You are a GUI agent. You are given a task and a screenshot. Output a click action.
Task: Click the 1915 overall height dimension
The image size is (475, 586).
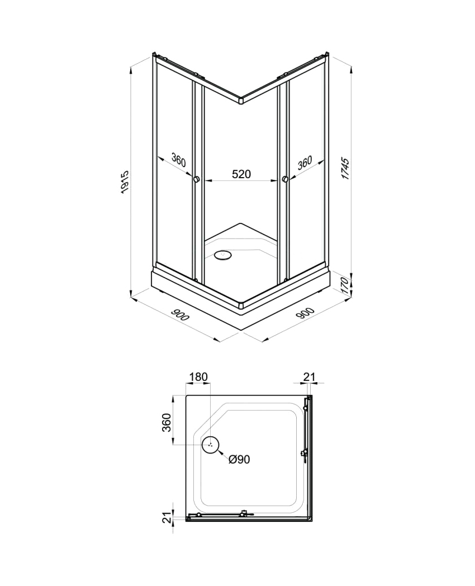coord(125,181)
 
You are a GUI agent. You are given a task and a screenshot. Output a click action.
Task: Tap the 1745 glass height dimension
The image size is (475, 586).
coord(345,169)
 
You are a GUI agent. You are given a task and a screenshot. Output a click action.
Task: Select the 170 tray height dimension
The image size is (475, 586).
coord(345,285)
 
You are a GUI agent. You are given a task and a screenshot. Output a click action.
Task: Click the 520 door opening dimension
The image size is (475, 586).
coord(241,174)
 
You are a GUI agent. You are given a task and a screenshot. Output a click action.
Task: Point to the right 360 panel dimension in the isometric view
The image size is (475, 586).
coord(305,163)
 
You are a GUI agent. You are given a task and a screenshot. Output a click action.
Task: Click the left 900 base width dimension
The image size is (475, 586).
coord(180,315)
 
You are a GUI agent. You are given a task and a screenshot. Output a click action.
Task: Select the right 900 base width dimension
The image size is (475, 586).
coord(305,313)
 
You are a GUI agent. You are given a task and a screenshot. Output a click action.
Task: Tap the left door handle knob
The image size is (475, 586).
coord(196,180)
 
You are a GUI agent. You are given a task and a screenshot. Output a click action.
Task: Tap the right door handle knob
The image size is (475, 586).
coord(286,180)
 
